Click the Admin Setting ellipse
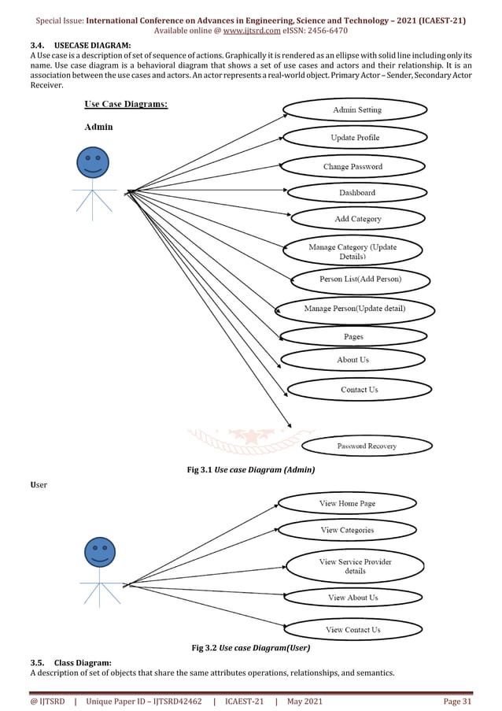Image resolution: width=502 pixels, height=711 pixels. [x=357, y=110]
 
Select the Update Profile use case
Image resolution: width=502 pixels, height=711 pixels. [x=354, y=139]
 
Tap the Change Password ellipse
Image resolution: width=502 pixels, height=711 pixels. [x=353, y=167]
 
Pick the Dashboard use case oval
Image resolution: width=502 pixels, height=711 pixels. [x=357, y=193]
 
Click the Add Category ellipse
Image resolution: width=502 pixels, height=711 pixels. [x=357, y=219]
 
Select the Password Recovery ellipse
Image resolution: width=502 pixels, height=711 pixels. [x=367, y=446]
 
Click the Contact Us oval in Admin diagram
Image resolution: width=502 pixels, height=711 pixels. [x=359, y=390]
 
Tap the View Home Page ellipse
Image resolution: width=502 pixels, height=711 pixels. [x=347, y=504]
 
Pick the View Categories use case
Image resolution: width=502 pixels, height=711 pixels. [x=347, y=531]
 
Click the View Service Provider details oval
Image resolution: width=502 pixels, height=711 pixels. [x=355, y=566]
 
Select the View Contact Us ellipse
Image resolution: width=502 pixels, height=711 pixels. [x=353, y=630]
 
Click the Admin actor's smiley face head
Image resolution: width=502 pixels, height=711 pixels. [x=93, y=163]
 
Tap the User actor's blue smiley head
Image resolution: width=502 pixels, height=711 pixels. [x=100, y=552]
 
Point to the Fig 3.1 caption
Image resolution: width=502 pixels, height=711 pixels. [x=250, y=470]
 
